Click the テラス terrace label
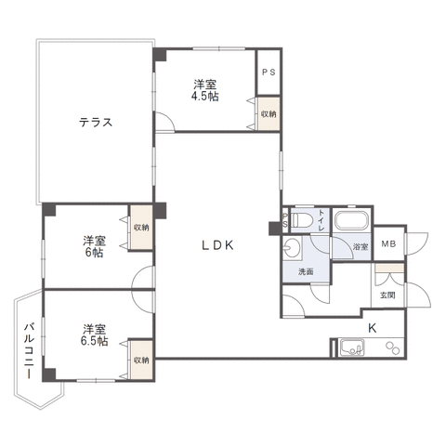click(96, 123)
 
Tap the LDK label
click(217, 245)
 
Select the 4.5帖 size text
click(204, 97)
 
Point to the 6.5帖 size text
click(95, 341)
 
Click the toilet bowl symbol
click(301, 220)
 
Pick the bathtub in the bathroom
click(352, 220)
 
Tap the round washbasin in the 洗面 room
click(291, 247)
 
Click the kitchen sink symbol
click(352, 348)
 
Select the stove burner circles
click(393, 348)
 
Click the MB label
click(388, 244)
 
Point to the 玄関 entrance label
click(387, 295)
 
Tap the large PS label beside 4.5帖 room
click(269, 72)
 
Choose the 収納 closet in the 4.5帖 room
click(269, 113)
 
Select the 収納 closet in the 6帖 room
click(141, 228)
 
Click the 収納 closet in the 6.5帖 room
click(141, 360)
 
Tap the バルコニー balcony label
click(29, 350)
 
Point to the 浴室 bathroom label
click(361, 247)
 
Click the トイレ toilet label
click(321, 220)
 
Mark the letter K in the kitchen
click(372, 328)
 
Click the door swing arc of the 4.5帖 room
click(169, 117)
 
